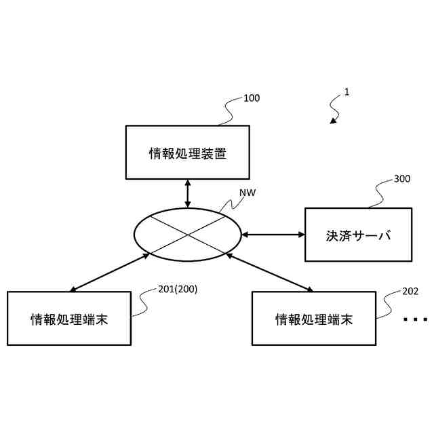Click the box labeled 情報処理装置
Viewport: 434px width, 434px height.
[188, 153]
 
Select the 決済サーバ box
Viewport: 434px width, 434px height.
[358, 235]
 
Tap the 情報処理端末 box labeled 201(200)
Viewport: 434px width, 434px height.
[69, 318]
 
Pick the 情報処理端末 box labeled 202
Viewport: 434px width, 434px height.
[313, 318]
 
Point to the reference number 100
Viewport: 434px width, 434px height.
[251, 98]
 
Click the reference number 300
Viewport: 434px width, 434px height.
[401, 180]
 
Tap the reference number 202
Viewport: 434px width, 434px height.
[410, 292]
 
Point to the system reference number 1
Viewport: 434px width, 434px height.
[347, 92]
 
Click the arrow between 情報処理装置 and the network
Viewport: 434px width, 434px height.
[188, 194]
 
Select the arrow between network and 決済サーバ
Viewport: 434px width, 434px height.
[273, 235]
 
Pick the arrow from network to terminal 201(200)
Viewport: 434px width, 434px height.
[108, 273]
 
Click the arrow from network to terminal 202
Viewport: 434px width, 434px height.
[270, 273]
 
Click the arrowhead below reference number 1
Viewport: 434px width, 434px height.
[334, 121]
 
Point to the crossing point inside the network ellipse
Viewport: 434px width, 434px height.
[188, 235]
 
